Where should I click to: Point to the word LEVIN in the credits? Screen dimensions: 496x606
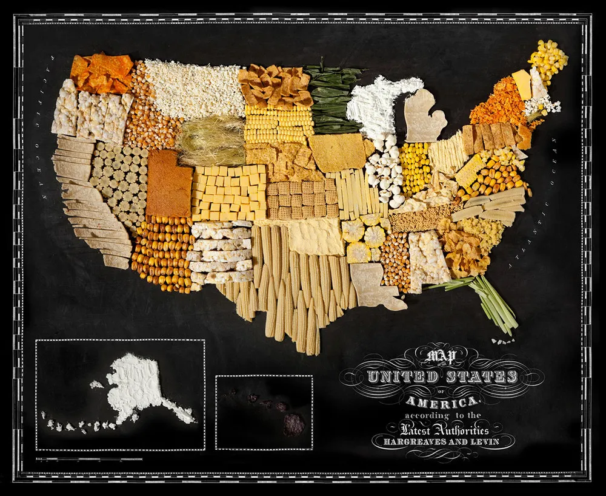(x=482, y=441)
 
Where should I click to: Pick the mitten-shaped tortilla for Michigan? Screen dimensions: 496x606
(x=424, y=115)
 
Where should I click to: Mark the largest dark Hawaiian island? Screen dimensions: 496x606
(x=293, y=424)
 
